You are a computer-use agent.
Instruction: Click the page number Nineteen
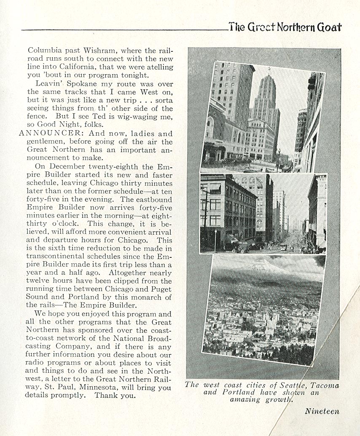click(322, 411)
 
